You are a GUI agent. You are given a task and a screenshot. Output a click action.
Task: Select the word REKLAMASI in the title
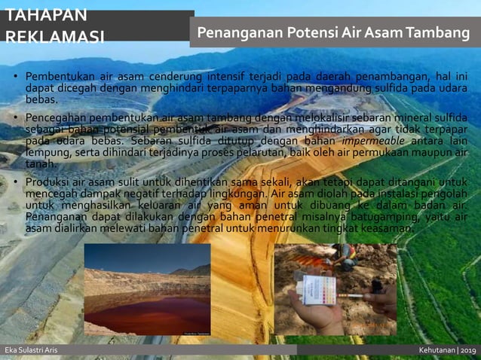pos(55,37)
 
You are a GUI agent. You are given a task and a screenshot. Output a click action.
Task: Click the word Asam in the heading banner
pos(383,33)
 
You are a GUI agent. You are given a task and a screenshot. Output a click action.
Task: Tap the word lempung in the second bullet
pos(47,152)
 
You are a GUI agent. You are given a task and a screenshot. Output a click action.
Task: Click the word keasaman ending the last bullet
pos(386,227)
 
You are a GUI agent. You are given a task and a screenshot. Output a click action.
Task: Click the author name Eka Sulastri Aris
pos(31,350)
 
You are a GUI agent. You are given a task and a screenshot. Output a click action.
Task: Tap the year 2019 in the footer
pos(467,350)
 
